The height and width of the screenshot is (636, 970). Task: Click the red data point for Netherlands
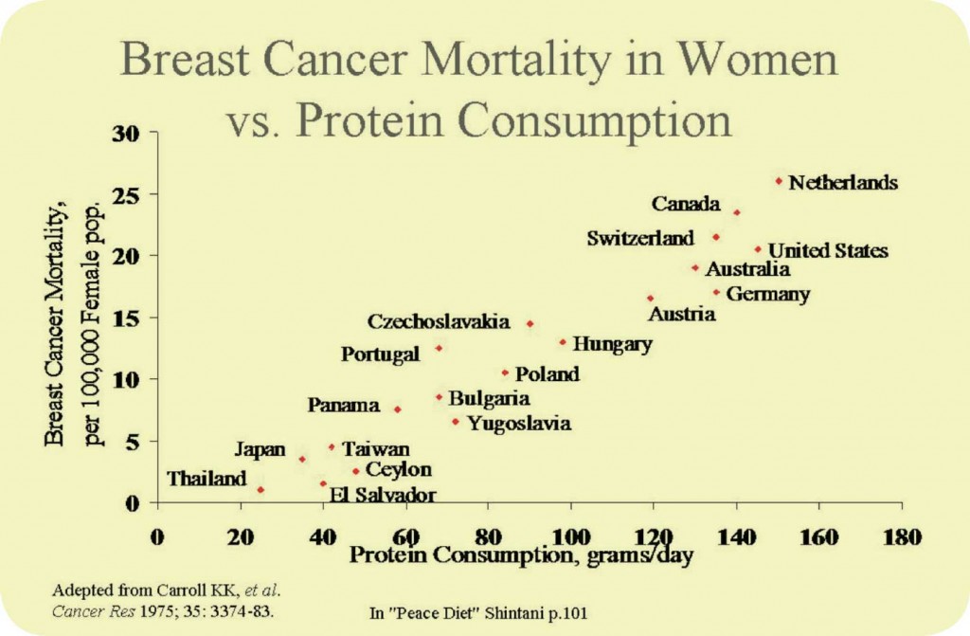click(779, 180)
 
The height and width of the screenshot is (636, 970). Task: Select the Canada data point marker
click(737, 212)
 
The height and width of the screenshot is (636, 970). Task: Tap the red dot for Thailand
click(260, 489)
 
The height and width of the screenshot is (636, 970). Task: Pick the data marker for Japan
click(302, 459)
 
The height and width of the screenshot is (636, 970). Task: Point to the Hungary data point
click(563, 341)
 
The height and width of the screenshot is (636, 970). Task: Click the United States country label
click(828, 251)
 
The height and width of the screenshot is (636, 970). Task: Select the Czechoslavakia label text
click(439, 321)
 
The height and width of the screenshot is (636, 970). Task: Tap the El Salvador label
click(383, 495)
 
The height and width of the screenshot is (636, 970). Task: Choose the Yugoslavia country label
click(520, 424)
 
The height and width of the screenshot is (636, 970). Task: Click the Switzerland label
click(640, 239)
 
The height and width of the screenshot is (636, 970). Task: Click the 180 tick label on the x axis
click(901, 536)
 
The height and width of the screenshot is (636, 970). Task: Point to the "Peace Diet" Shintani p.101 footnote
click(478, 613)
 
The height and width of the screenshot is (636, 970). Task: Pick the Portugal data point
click(439, 348)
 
